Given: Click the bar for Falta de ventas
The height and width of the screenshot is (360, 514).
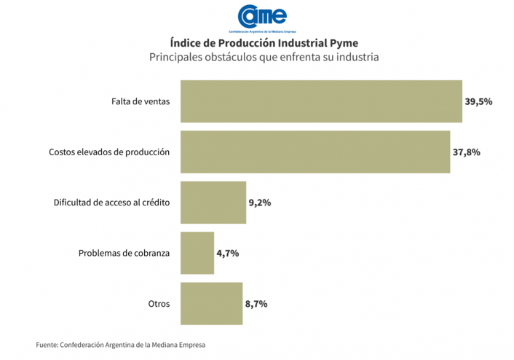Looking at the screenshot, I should [320, 101].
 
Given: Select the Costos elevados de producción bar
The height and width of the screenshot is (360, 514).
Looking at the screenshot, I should [315, 152].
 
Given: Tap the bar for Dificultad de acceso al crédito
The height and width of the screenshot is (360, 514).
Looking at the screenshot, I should [213, 203].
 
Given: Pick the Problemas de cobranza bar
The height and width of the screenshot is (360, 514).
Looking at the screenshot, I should [197, 253].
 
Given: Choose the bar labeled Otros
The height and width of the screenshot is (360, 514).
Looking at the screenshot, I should [211, 303].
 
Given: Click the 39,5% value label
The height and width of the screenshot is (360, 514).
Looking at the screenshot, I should [478, 101].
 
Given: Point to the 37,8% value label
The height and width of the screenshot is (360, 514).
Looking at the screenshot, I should [466, 152].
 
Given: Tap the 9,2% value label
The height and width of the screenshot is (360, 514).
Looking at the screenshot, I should [260, 203].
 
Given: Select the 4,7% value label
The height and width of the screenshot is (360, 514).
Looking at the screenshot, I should [228, 253].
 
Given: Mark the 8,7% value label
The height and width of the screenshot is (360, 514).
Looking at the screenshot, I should [256, 303].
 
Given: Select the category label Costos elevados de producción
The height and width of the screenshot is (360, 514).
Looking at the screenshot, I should [109, 152].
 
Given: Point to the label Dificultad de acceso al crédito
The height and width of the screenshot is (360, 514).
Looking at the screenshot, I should [111, 203].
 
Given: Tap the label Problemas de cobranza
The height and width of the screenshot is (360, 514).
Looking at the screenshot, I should [124, 254].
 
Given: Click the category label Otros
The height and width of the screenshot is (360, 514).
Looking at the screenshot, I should [158, 304].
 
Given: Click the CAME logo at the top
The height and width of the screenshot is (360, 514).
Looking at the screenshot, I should [262, 17].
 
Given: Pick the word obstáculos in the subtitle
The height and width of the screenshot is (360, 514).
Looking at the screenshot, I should [228, 57].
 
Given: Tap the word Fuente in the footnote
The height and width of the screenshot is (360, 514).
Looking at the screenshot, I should [47, 345].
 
